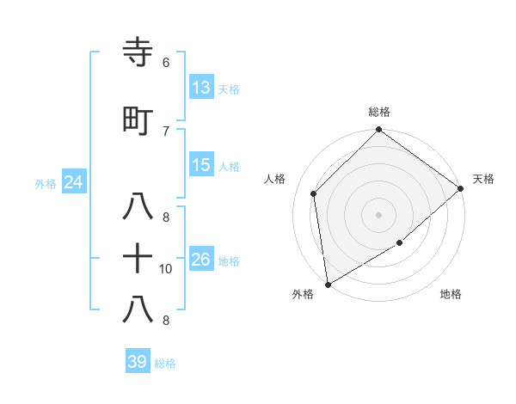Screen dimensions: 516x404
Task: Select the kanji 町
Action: pyautogui.click(x=138, y=121)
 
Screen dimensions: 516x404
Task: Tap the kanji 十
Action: pyautogui.click(x=138, y=259)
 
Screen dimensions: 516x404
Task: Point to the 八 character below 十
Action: pyautogui.click(x=138, y=309)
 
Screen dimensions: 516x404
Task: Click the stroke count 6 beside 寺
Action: pyautogui.click(x=166, y=63)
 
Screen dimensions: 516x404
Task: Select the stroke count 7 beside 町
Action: pyautogui.click(x=166, y=131)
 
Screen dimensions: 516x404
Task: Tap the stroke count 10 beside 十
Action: pyautogui.click(x=166, y=269)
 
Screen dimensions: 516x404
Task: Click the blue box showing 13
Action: pyautogui.click(x=201, y=87)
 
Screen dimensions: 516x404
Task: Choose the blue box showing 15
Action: pyautogui.click(x=201, y=165)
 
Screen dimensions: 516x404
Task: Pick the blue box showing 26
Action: pyautogui.click(x=201, y=260)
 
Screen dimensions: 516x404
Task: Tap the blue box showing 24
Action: pyautogui.click(x=73, y=182)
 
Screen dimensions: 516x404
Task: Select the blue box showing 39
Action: pyautogui.click(x=138, y=362)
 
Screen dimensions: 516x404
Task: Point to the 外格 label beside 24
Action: pyautogui.click(x=46, y=184)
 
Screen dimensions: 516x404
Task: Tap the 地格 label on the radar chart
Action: pyautogui.click(x=451, y=295)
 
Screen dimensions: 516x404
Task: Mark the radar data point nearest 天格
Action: pyautogui.click(x=461, y=189)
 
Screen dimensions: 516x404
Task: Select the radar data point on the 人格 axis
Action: pyautogui.click(x=314, y=193)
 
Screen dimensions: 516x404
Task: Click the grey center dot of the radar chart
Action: pyautogui.click(x=379, y=214)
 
